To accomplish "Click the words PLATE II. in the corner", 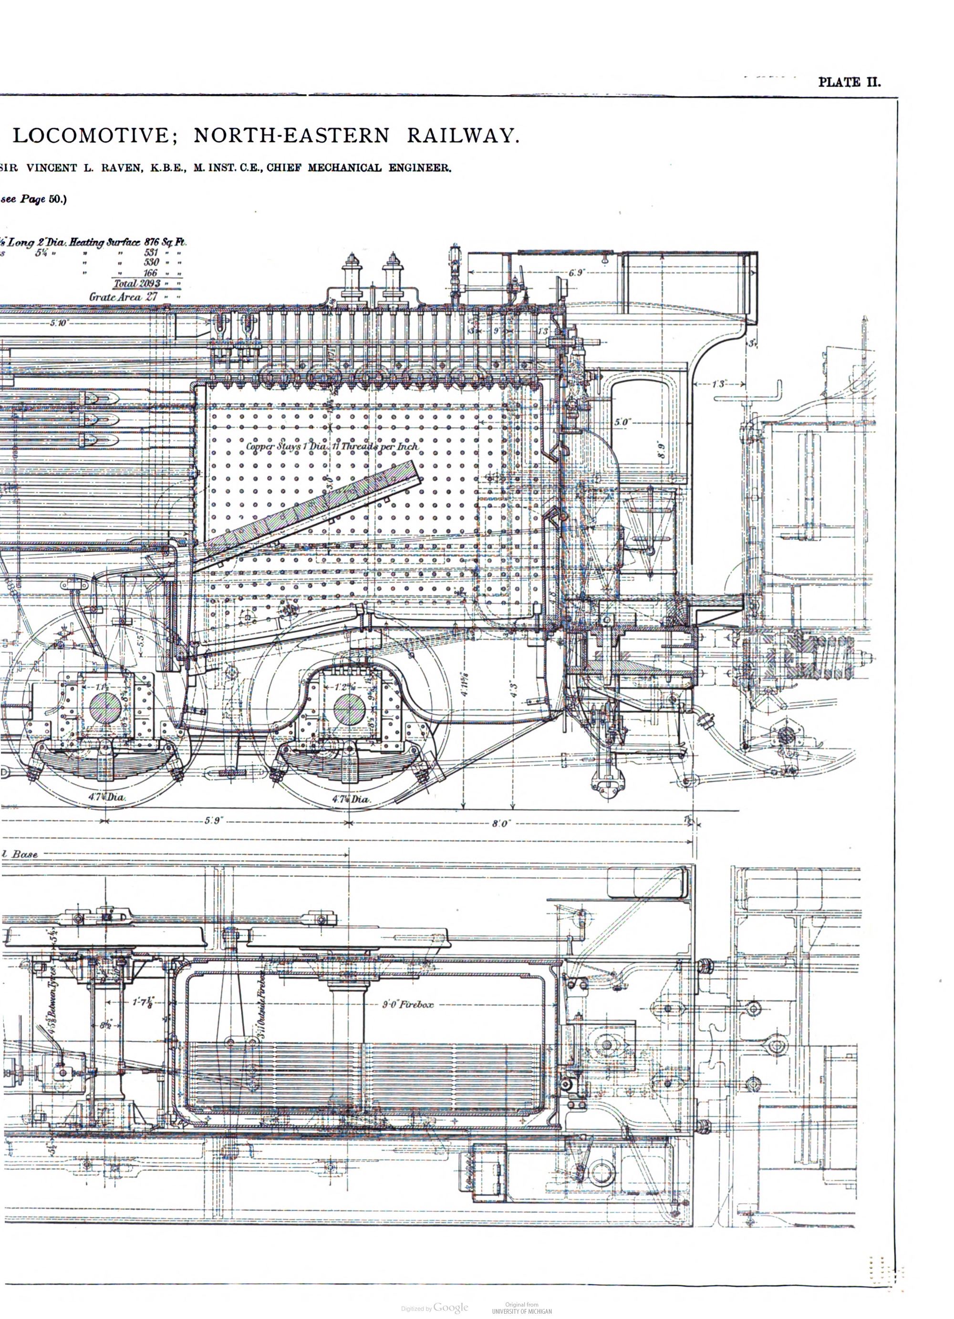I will [x=849, y=82].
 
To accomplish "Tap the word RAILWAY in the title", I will [x=461, y=135].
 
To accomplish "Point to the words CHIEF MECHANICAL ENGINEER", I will [x=358, y=168].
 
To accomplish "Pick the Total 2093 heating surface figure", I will [x=137, y=283].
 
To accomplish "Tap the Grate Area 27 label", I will [x=124, y=297].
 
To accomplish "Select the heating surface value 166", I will [x=150, y=273].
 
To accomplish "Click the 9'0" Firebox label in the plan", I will [x=407, y=1004].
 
